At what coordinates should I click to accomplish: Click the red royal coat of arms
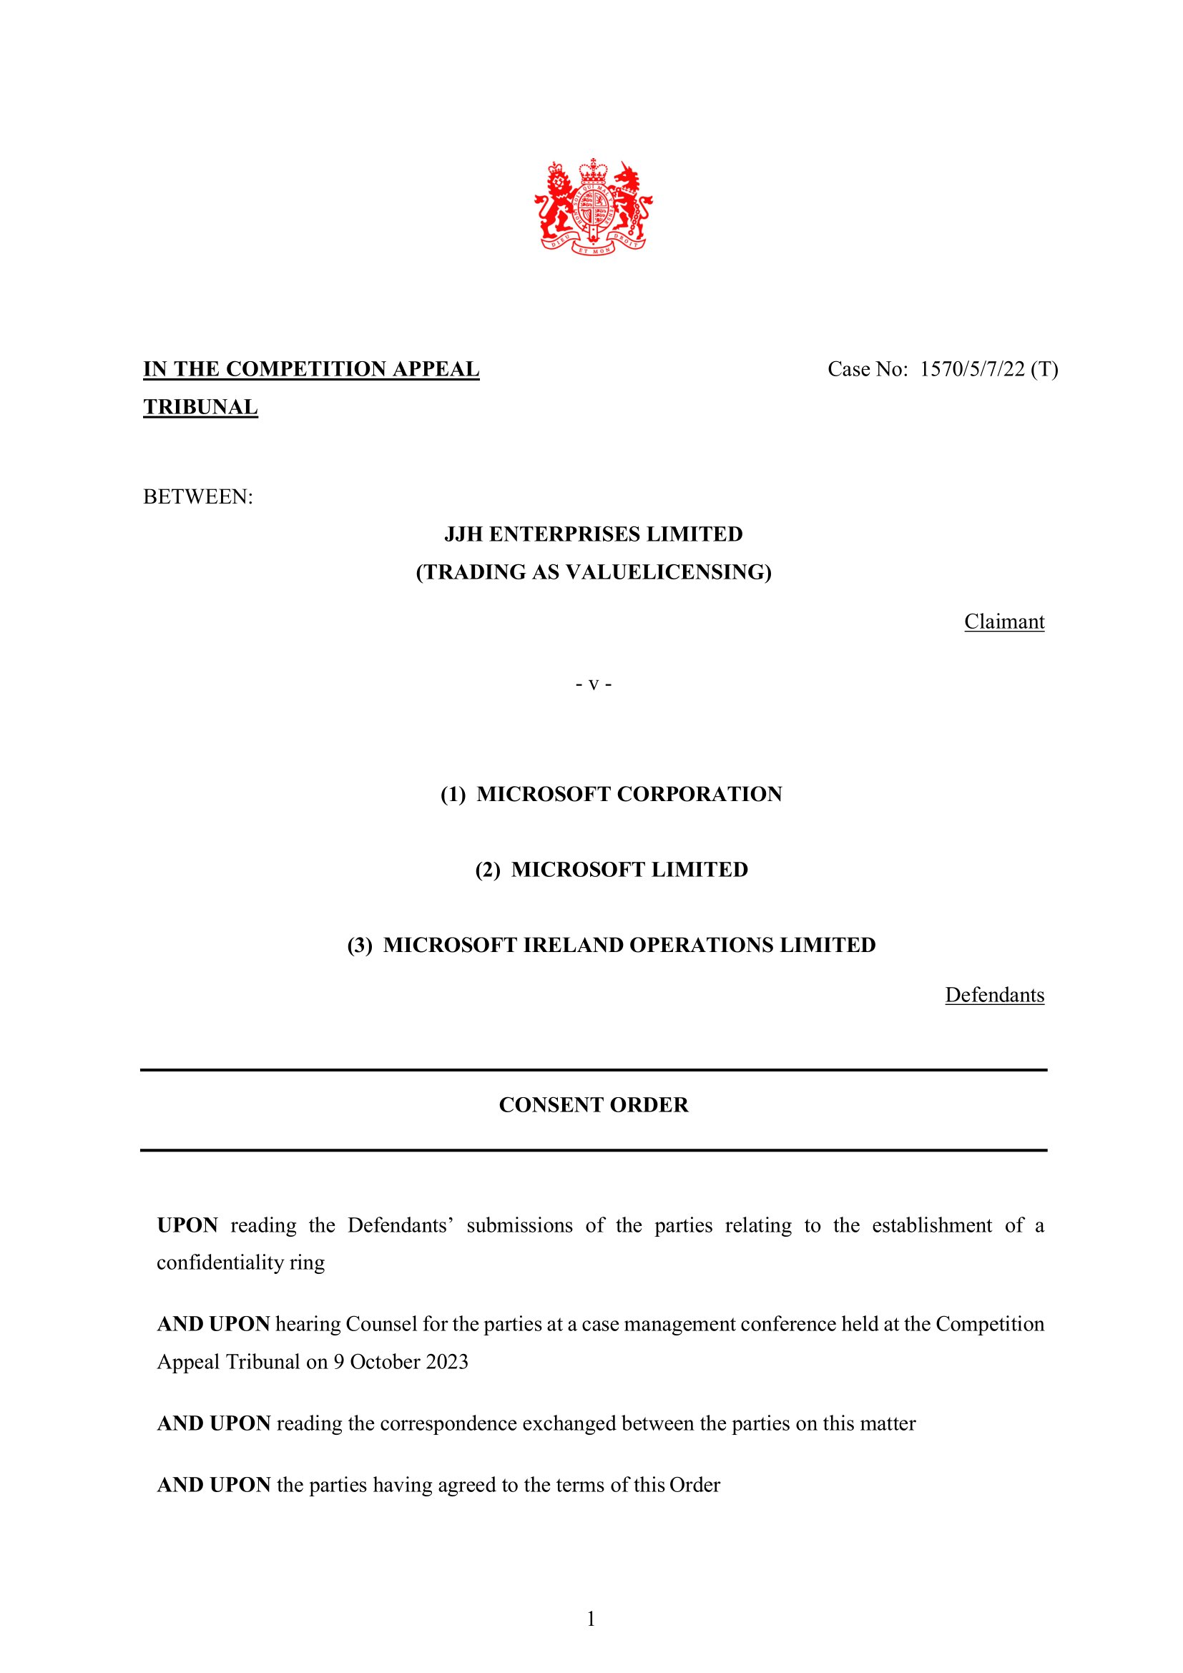click(x=593, y=207)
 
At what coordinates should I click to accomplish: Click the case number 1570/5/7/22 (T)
click(x=988, y=369)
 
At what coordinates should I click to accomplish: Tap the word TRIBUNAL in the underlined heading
click(x=200, y=407)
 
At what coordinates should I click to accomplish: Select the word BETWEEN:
click(x=198, y=497)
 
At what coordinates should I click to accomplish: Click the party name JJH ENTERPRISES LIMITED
click(x=593, y=534)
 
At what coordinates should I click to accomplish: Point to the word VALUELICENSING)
click(x=669, y=572)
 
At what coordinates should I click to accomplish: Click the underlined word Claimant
click(x=1003, y=622)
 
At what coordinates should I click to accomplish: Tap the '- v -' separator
click(x=593, y=685)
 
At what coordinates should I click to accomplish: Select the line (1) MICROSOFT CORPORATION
click(x=610, y=793)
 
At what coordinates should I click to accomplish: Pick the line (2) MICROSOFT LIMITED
click(x=610, y=869)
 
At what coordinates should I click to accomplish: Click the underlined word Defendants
click(x=994, y=995)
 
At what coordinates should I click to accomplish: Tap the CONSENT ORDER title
click(x=593, y=1104)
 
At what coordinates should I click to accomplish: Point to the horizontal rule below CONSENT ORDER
click(x=593, y=1150)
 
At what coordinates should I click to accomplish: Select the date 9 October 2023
click(x=401, y=1362)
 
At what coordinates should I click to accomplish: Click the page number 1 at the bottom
click(x=591, y=1619)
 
